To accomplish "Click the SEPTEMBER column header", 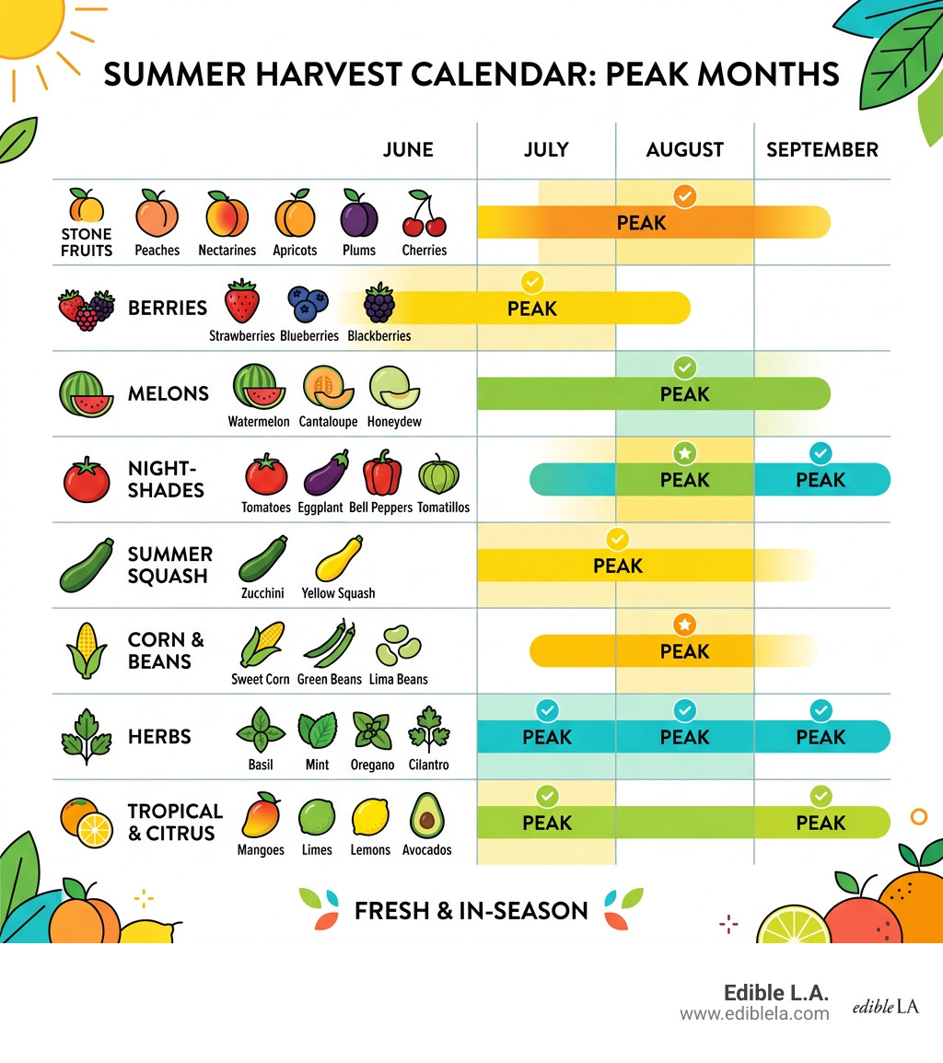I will pyautogui.click(x=821, y=149).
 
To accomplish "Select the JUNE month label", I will pyautogui.click(x=408, y=149).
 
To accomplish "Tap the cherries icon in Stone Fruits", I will pyautogui.click(x=424, y=215).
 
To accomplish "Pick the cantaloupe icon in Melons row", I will pyautogui.click(x=328, y=388).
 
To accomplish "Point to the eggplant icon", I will pyautogui.click(x=326, y=473).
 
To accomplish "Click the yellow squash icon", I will pyautogui.click(x=338, y=559).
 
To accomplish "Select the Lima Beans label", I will pyautogui.click(x=399, y=679).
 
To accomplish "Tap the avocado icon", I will pyautogui.click(x=426, y=815).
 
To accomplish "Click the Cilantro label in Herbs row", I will pyautogui.click(x=428, y=765).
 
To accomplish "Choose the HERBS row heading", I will pyautogui.click(x=159, y=737).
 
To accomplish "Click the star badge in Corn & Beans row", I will pyautogui.click(x=684, y=625).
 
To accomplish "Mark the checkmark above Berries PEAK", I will pyautogui.click(x=532, y=282).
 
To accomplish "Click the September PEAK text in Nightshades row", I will pyautogui.click(x=821, y=480).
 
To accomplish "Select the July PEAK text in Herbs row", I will pyautogui.click(x=547, y=737).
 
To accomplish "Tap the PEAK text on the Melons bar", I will pyautogui.click(x=684, y=394).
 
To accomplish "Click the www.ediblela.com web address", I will pyautogui.click(x=754, y=1013).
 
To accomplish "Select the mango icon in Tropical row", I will pyautogui.click(x=260, y=814).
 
